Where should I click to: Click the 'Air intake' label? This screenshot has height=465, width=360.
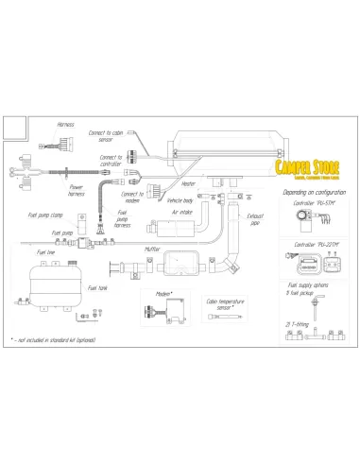(196, 214)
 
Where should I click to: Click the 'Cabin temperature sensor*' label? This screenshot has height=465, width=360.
(224, 303)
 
